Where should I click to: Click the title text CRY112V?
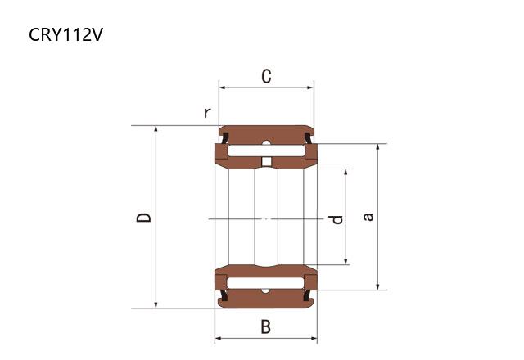(x=65, y=34)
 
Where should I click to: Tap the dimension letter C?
(x=266, y=76)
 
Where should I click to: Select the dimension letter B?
(x=266, y=326)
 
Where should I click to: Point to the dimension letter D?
(x=144, y=218)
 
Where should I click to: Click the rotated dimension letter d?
(x=336, y=219)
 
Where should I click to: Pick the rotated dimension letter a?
(x=368, y=217)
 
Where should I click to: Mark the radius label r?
(x=207, y=113)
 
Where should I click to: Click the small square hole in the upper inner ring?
(x=266, y=162)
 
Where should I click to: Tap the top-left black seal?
(x=225, y=138)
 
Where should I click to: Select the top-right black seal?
(x=308, y=138)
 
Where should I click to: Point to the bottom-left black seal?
(x=224, y=295)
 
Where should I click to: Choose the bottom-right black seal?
(x=308, y=295)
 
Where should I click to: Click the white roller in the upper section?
(x=266, y=151)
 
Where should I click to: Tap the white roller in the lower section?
(x=265, y=283)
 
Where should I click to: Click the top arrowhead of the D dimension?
(x=156, y=129)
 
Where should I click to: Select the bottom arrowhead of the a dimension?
(x=377, y=286)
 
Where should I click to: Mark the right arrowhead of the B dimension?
(x=314, y=338)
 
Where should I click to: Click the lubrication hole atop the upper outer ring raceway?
(x=266, y=143)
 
